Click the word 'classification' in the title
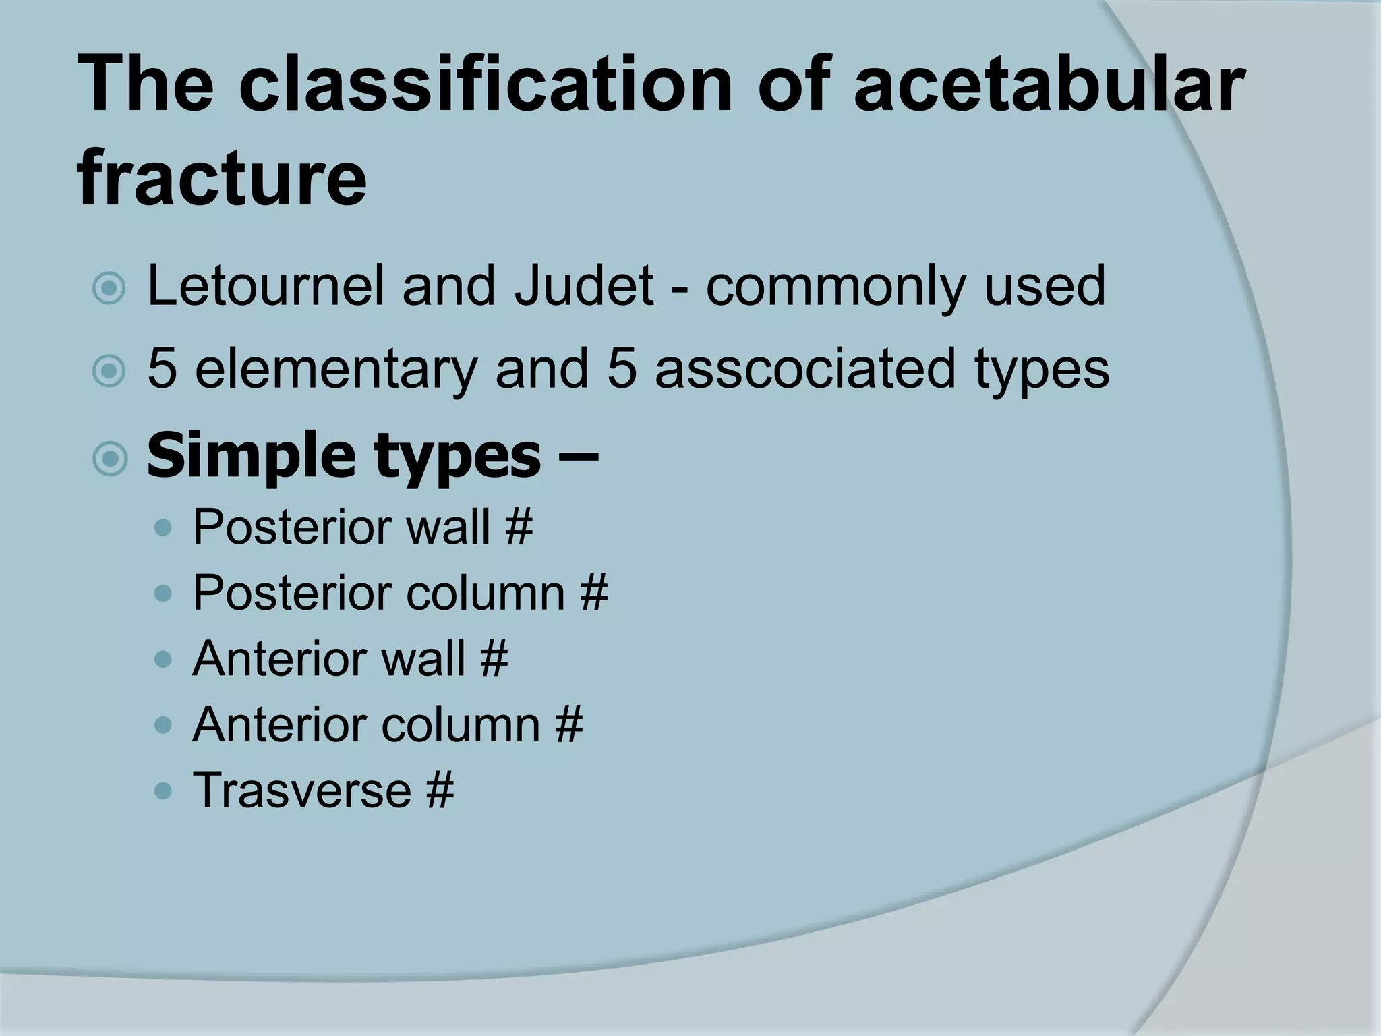click(x=484, y=86)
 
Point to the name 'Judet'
click(x=582, y=286)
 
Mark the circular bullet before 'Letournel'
click(x=110, y=289)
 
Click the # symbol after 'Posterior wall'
click(x=518, y=527)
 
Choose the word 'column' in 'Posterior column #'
click(x=485, y=593)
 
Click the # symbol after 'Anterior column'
click(x=568, y=724)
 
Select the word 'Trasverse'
click(x=301, y=790)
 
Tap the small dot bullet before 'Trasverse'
click(x=163, y=790)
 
